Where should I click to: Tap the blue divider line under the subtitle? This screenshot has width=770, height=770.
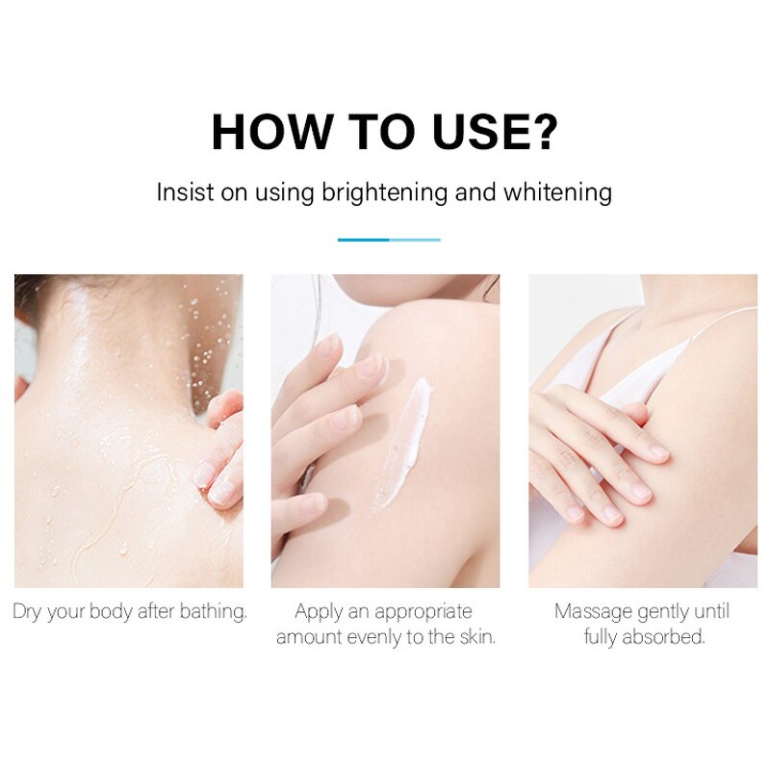[x=389, y=240]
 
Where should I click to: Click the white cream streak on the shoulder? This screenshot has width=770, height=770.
[x=403, y=438]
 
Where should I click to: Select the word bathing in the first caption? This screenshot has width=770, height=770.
[x=215, y=611]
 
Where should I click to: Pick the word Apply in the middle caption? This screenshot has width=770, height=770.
[x=320, y=611]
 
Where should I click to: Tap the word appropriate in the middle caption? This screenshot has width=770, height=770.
[x=423, y=611]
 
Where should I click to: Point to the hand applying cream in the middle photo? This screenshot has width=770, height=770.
[x=318, y=414]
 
